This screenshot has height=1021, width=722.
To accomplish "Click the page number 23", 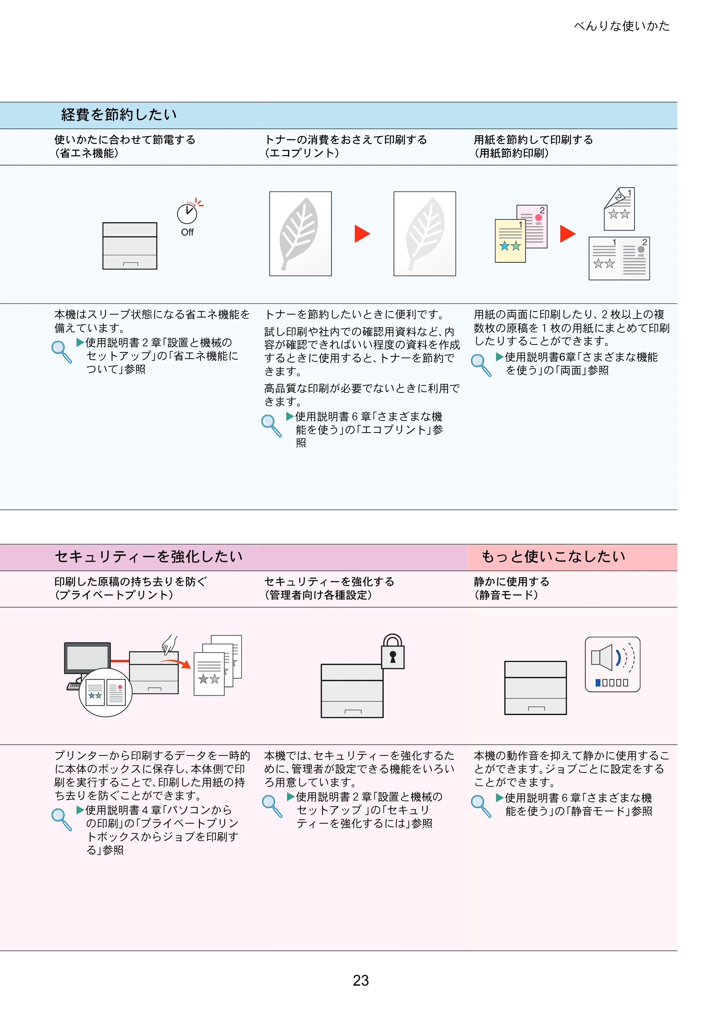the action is [x=361, y=981].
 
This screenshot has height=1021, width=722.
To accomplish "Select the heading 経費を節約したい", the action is [x=119, y=115].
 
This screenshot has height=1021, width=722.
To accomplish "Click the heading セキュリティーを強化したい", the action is [x=149, y=556].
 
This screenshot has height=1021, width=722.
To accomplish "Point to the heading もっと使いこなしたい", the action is [x=553, y=556].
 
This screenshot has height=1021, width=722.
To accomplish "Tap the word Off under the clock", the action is [x=187, y=232].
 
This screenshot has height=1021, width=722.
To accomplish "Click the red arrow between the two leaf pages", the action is [x=362, y=234].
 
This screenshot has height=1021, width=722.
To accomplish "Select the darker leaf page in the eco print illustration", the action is [x=300, y=234].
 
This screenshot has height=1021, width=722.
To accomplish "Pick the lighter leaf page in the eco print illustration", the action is [x=425, y=234].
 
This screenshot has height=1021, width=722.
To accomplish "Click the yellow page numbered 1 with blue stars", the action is [x=510, y=241].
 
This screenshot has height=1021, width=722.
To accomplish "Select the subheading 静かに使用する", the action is [x=511, y=582].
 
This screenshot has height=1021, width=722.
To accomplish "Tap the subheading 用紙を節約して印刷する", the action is [x=534, y=140].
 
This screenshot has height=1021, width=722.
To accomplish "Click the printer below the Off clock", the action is [x=130, y=246].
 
